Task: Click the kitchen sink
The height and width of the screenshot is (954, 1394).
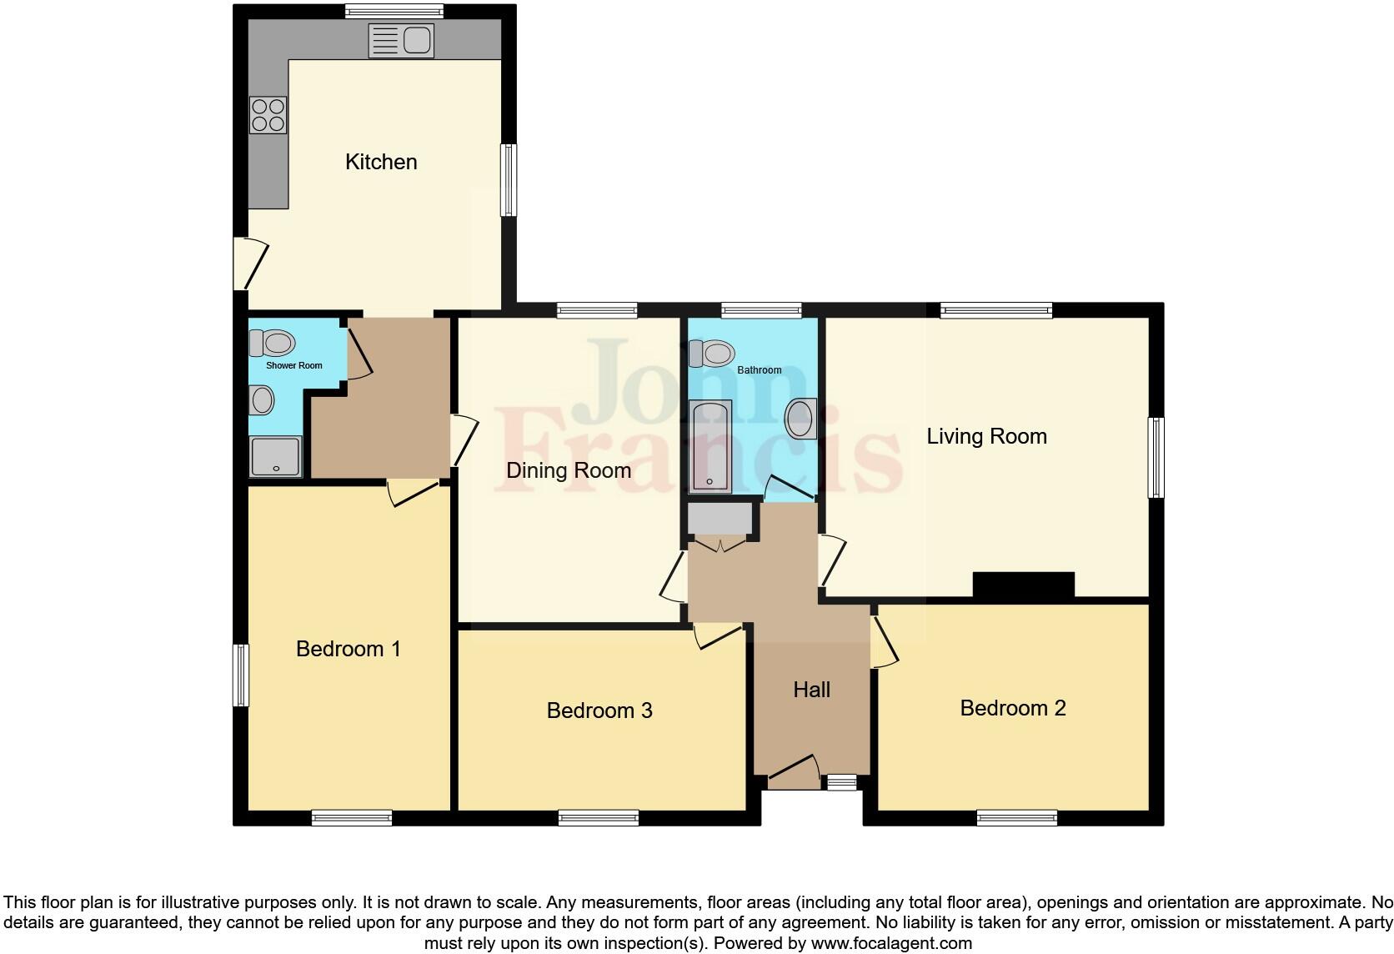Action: click(x=401, y=41)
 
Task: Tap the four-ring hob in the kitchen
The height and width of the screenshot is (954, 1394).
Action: click(x=268, y=115)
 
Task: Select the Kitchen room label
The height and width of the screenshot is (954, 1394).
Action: click(x=381, y=162)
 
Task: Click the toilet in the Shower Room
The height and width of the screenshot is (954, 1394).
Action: click(x=273, y=343)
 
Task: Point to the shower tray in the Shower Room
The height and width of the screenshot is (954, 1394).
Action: click(x=275, y=456)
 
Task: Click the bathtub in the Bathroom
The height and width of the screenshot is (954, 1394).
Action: click(x=710, y=444)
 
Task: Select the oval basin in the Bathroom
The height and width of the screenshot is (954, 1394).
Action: click(x=801, y=418)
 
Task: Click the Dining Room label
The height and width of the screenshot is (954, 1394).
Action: click(x=568, y=471)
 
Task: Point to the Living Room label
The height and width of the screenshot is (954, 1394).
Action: click(x=986, y=436)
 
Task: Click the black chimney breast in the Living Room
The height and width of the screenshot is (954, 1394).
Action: click(x=1023, y=585)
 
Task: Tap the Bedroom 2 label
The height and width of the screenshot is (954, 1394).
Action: click(x=1012, y=708)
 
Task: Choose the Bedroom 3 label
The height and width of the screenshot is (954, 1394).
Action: click(x=599, y=710)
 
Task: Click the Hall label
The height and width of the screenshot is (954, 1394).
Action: click(x=811, y=690)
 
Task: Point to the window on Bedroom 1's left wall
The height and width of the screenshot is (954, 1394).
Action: click(x=240, y=675)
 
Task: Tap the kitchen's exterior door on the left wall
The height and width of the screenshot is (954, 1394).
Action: click(x=248, y=264)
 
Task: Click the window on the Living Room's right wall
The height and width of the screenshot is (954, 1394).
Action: click(x=1156, y=458)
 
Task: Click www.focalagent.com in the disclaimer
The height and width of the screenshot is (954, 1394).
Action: click(x=891, y=944)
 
